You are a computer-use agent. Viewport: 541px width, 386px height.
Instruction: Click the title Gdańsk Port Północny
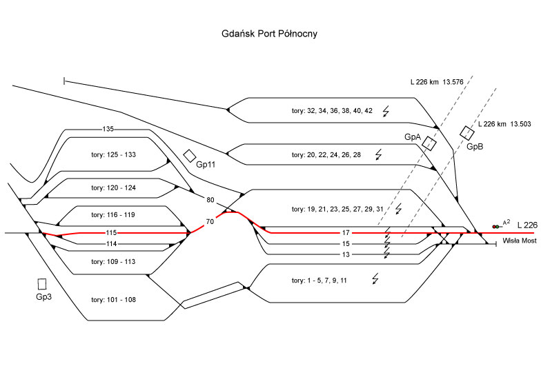(x=269, y=33)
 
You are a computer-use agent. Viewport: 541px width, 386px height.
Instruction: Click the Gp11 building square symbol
(x=190, y=156)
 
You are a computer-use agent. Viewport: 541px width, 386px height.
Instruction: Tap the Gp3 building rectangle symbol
(x=43, y=283)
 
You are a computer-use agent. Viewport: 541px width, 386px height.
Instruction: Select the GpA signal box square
(x=430, y=143)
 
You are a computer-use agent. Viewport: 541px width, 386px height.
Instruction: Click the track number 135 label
(x=108, y=129)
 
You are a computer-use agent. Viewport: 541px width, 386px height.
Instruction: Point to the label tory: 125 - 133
(x=113, y=154)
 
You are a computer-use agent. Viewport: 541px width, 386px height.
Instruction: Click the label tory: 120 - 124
(x=113, y=187)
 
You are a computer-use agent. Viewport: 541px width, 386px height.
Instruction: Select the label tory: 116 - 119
(x=113, y=215)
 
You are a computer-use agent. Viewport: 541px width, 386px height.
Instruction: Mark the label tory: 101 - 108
(x=113, y=300)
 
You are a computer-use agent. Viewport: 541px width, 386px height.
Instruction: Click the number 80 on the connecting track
(x=210, y=201)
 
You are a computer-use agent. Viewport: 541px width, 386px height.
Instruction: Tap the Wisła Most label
(x=520, y=241)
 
